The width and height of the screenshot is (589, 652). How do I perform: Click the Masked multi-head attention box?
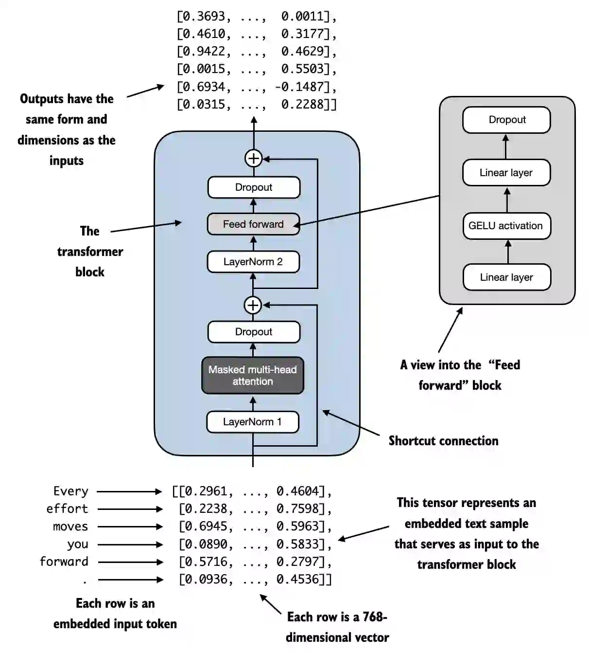253,375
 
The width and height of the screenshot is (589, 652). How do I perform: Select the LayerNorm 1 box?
253,422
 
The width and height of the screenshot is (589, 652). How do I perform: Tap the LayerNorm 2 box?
253,262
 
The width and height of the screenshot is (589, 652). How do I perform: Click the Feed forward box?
253,224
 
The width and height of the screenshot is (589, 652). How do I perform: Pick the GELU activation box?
506,226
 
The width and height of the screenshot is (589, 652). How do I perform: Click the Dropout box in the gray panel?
506,120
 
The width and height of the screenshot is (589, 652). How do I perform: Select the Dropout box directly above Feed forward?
254,187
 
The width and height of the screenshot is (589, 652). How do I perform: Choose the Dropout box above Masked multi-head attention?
254,332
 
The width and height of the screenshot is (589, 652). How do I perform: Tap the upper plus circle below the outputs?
253,158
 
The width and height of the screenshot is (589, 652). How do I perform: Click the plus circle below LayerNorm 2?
253,305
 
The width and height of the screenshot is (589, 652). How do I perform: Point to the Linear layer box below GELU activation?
506,277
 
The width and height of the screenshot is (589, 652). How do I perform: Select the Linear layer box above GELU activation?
506,173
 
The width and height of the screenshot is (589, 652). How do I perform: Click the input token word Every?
71,491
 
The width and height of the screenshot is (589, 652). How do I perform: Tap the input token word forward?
64,561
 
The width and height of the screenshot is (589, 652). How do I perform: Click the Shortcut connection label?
443,441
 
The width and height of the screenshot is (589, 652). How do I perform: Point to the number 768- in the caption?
375,617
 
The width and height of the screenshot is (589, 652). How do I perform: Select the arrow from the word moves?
130,526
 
